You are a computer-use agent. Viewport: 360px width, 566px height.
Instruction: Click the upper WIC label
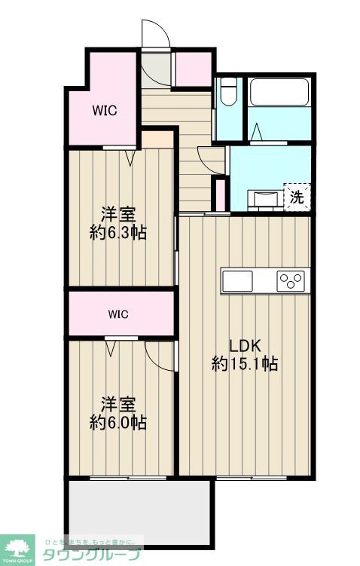tap(105, 111)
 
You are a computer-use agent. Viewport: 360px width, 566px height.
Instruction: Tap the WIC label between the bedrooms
tap(117, 314)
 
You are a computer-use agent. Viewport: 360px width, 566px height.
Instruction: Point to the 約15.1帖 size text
tap(245, 365)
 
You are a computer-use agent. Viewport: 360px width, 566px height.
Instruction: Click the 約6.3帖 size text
tap(117, 233)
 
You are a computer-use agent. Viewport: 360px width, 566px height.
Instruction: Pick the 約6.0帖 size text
tap(117, 422)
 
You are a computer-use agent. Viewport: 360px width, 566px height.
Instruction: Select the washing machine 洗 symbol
tap(297, 197)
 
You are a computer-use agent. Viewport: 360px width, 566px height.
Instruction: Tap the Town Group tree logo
tap(18, 549)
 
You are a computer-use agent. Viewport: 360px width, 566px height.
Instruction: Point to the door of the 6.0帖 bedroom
tap(160, 355)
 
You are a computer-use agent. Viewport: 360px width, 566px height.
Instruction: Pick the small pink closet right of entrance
tap(193, 69)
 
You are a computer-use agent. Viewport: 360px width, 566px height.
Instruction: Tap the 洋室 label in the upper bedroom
tap(117, 214)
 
